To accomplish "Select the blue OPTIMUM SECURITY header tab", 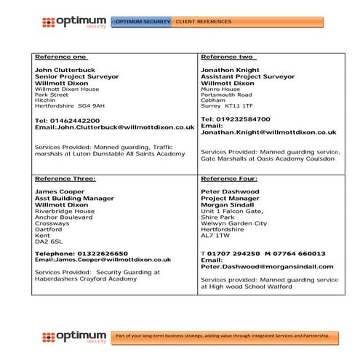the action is click(x=141, y=22).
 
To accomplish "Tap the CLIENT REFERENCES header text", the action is click(x=204, y=22).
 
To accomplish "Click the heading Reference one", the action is click(x=61, y=57).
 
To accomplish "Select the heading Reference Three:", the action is click(x=65, y=178).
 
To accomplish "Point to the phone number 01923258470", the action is click(x=241, y=118).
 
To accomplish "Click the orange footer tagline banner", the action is click(x=225, y=337).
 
